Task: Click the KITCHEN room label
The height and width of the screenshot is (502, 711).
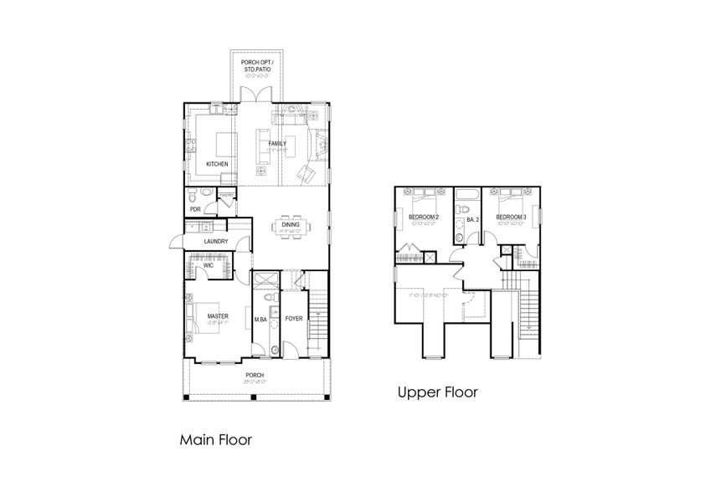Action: coord(217,164)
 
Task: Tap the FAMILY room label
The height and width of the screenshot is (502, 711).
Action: coord(277,144)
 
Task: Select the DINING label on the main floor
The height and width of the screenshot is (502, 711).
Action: coord(291,224)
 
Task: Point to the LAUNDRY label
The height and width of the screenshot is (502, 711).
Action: coord(216,243)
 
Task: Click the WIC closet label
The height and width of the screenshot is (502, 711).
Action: coord(208,266)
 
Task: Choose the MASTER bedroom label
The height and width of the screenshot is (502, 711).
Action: coord(218,315)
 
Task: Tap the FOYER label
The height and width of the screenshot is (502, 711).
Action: coord(293,318)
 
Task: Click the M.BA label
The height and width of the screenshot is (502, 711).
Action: coord(260,318)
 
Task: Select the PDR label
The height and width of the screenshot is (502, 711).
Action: coord(194,209)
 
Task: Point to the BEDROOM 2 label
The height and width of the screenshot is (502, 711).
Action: coord(423,218)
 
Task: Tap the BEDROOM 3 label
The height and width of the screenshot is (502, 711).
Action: coord(511,218)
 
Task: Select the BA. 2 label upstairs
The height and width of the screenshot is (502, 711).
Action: coord(472,220)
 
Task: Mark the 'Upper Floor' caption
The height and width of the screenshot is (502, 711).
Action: coord(437,392)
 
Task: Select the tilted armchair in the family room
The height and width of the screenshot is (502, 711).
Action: coord(307,175)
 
